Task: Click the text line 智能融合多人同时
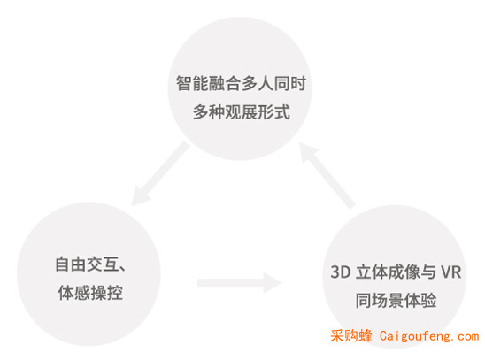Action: point(241,83)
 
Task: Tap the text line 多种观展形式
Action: point(242,111)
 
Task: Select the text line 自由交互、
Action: point(90,264)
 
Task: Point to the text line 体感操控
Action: point(90,293)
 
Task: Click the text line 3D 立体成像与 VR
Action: point(396,272)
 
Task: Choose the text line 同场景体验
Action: point(396,301)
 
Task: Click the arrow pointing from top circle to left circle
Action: point(159,173)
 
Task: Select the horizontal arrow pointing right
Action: point(240,282)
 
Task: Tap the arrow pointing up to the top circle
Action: point(327,176)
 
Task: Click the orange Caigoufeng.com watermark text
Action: point(429,336)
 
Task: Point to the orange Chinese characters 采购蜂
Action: point(350,335)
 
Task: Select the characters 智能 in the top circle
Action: point(192,83)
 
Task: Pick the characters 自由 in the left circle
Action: point(71,264)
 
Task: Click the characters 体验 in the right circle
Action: point(420,301)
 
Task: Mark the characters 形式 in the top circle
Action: point(274,111)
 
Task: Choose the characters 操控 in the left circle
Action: point(107,293)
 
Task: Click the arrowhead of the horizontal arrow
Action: point(273,282)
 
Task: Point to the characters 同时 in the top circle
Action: point(289,83)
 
